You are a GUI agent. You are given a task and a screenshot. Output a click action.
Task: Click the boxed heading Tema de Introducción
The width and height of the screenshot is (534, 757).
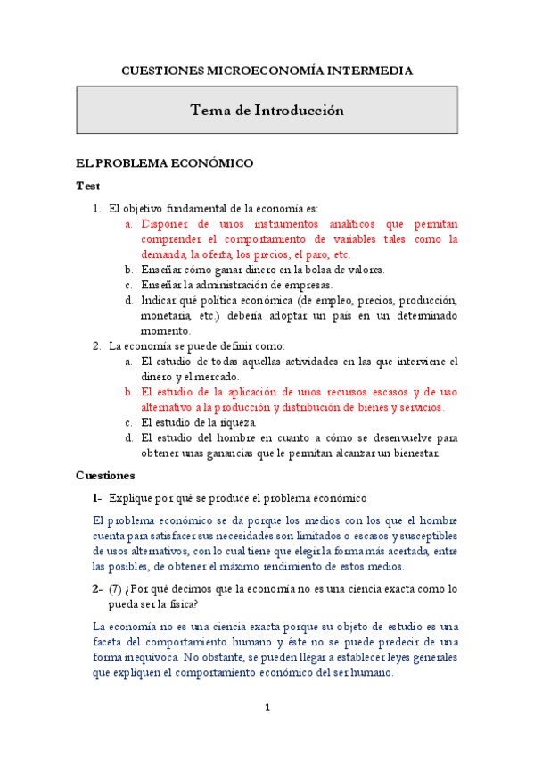point(267,111)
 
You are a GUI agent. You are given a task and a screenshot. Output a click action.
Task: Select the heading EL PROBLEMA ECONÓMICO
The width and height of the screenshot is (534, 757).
point(165,163)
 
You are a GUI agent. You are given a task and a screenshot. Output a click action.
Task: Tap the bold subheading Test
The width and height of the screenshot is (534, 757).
point(88,187)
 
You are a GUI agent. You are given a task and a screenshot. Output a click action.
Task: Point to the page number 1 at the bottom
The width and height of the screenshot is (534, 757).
point(267,708)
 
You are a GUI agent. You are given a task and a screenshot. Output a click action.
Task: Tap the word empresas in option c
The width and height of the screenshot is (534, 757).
point(308,285)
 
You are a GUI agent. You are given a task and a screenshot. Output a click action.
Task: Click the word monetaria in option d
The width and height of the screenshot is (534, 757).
point(165,315)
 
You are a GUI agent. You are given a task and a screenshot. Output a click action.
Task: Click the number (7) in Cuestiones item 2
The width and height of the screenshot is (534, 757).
point(116,588)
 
